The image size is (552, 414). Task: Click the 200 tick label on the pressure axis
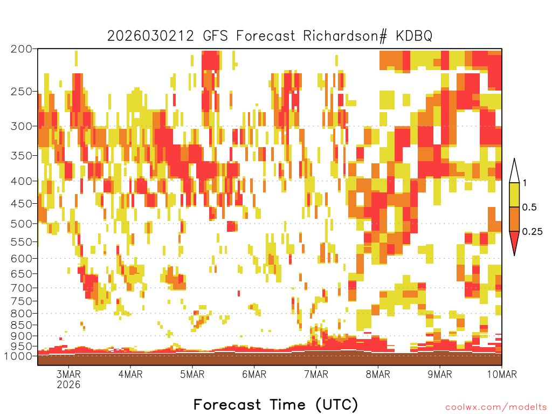(x=21, y=49)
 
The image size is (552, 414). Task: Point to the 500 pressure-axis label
(x=21, y=224)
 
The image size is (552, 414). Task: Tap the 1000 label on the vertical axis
(x=18, y=356)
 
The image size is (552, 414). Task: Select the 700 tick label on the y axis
(x=21, y=288)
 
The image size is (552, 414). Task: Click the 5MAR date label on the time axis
(x=192, y=374)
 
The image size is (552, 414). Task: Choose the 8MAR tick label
(x=378, y=374)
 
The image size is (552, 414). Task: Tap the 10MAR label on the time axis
(x=502, y=374)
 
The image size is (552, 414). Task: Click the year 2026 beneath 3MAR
(x=68, y=384)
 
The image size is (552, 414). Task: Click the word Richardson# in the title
(x=345, y=36)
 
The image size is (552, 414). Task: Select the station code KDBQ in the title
(x=414, y=36)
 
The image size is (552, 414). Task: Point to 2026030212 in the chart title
(x=150, y=36)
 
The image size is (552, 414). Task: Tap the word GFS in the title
(x=215, y=36)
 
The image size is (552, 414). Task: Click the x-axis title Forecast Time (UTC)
(x=275, y=404)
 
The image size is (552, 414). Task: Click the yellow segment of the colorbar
(x=514, y=195)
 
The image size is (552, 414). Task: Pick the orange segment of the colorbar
(x=514, y=219)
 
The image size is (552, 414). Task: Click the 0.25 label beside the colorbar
(x=532, y=232)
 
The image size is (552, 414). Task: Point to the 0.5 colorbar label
(x=529, y=208)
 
